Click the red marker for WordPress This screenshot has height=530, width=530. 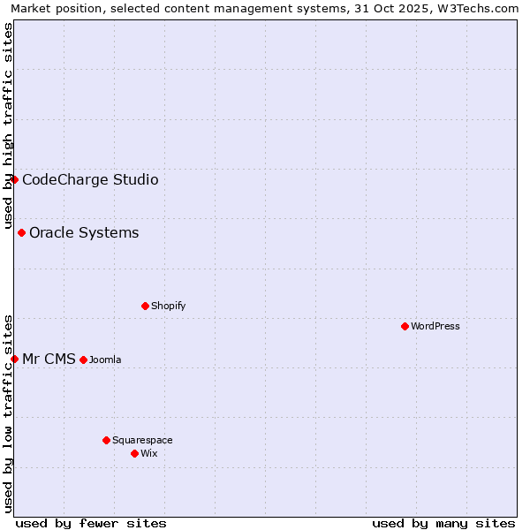(405, 326)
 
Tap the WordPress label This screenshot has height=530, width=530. (435, 326)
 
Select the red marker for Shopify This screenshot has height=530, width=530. (145, 306)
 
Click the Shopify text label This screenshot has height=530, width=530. (169, 306)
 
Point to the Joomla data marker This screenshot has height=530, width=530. (83, 360)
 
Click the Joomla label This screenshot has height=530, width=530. (105, 360)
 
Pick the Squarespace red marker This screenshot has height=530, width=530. (106, 440)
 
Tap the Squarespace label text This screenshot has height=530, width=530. (142, 440)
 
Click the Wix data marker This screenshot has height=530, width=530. (134, 453)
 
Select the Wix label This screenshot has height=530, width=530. (149, 453)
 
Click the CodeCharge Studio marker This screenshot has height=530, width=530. (14, 179)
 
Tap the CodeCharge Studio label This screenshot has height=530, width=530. (90, 180)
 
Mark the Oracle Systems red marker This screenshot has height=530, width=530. (21, 232)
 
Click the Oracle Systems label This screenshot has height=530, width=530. (84, 233)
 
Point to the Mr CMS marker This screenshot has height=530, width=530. (14, 359)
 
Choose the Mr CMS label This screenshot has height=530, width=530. (49, 359)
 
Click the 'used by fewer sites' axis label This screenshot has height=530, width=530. (91, 523)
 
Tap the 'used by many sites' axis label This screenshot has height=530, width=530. (443, 523)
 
